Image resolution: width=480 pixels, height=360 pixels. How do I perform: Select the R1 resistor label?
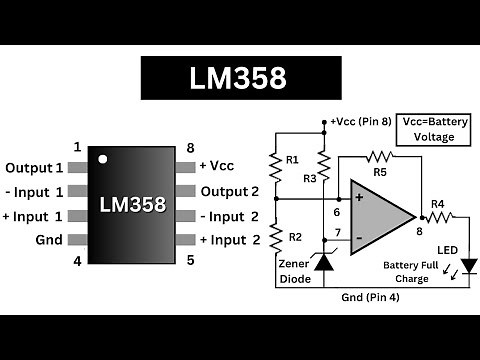pyautogui.click(x=292, y=160)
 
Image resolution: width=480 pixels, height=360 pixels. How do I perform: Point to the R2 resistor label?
pyautogui.click(x=292, y=237)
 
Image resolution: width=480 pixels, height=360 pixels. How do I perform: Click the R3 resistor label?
pyautogui.click(x=310, y=178)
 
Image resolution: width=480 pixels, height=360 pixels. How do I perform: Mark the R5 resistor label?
pyautogui.click(x=380, y=172)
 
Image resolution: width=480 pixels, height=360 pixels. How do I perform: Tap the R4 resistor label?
pyautogui.click(x=437, y=204)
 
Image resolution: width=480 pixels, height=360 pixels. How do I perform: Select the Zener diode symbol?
pyautogui.click(x=323, y=261)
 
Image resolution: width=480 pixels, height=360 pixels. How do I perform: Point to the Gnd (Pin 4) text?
pyautogui.click(x=369, y=298)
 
